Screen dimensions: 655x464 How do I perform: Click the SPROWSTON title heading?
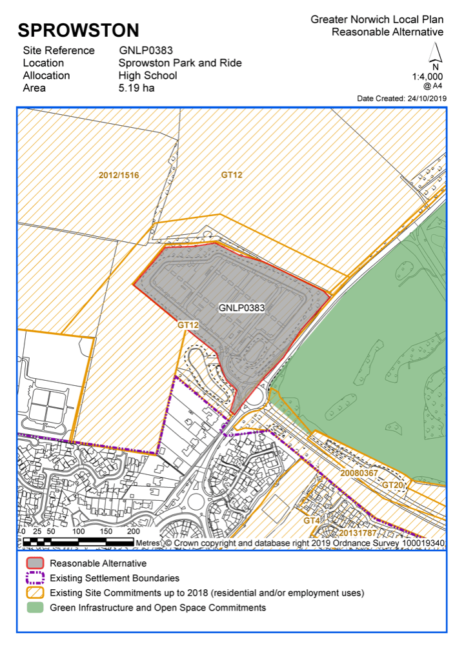tap(78, 30)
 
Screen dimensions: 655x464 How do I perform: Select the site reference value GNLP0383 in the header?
tap(146, 50)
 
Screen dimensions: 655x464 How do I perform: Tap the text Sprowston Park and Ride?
tap(180, 63)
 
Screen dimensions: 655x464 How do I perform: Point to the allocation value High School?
tap(148, 76)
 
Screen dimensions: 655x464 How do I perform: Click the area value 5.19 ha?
tap(136, 88)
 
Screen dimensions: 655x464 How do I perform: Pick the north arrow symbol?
tap(435, 52)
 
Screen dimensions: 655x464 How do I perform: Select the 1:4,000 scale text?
tap(427, 76)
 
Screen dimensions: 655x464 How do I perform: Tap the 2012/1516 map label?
tap(119, 175)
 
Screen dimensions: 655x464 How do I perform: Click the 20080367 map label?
tap(359, 473)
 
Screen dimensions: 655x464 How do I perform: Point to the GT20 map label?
tap(392, 485)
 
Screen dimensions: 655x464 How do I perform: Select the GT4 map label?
tap(312, 520)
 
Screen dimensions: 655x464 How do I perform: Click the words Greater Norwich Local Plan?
tap(377, 20)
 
